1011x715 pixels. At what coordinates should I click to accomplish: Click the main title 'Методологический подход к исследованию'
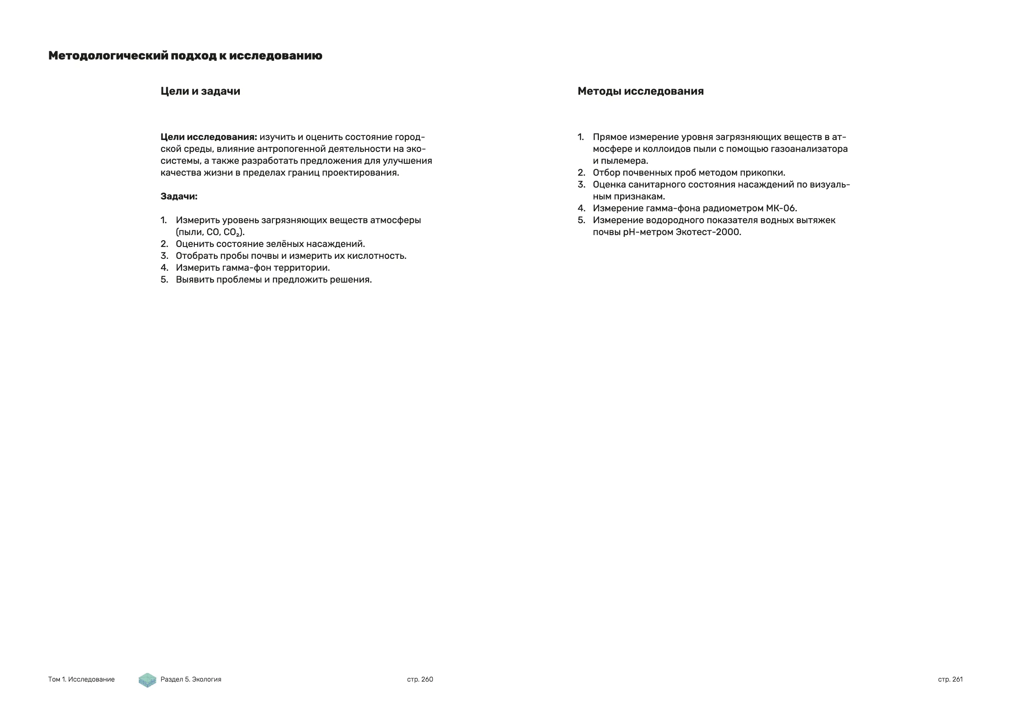185,56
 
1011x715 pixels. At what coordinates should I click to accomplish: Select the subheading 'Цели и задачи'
200,91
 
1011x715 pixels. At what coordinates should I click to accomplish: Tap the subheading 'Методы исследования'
640,91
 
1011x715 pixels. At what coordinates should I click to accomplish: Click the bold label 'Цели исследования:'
209,137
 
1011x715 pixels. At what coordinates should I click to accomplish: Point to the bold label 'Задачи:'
179,196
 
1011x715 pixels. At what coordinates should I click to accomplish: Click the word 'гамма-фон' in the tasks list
252,268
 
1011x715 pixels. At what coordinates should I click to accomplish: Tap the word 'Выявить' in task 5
195,280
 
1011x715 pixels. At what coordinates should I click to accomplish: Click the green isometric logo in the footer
147,680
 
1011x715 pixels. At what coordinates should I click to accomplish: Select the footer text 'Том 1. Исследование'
81,679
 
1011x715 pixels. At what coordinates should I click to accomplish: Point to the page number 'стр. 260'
420,679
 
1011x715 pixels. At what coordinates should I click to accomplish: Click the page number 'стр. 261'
950,679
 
